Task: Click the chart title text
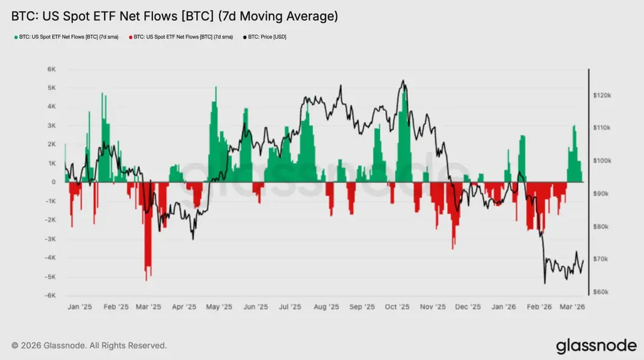coord(175,16)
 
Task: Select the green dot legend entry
coord(67,37)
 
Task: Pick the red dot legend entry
coord(181,37)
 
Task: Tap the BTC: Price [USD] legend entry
coord(265,37)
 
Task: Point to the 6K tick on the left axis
coord(51,69)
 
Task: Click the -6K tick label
coord(50,296)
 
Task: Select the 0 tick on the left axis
coord(54,182)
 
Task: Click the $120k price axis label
coord(602,95)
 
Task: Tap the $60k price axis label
coord(601,292)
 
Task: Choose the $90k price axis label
coord(601,194)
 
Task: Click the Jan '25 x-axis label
coord(79,307)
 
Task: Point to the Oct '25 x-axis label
coord(397,307)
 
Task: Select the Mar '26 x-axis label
coord(572,307)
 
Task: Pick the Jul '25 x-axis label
coord(290,307)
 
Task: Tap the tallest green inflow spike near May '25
coord(216,87)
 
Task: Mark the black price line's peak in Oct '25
coord(403,81)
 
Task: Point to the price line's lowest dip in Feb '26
coord(545,283)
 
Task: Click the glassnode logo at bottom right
coord(596,346)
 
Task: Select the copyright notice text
coord(89,346)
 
